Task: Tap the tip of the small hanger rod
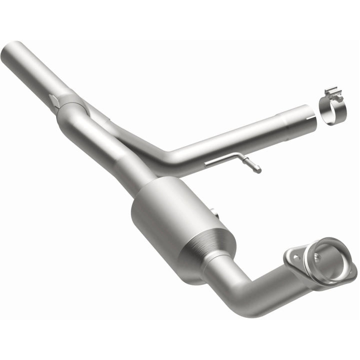coord(258,169)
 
